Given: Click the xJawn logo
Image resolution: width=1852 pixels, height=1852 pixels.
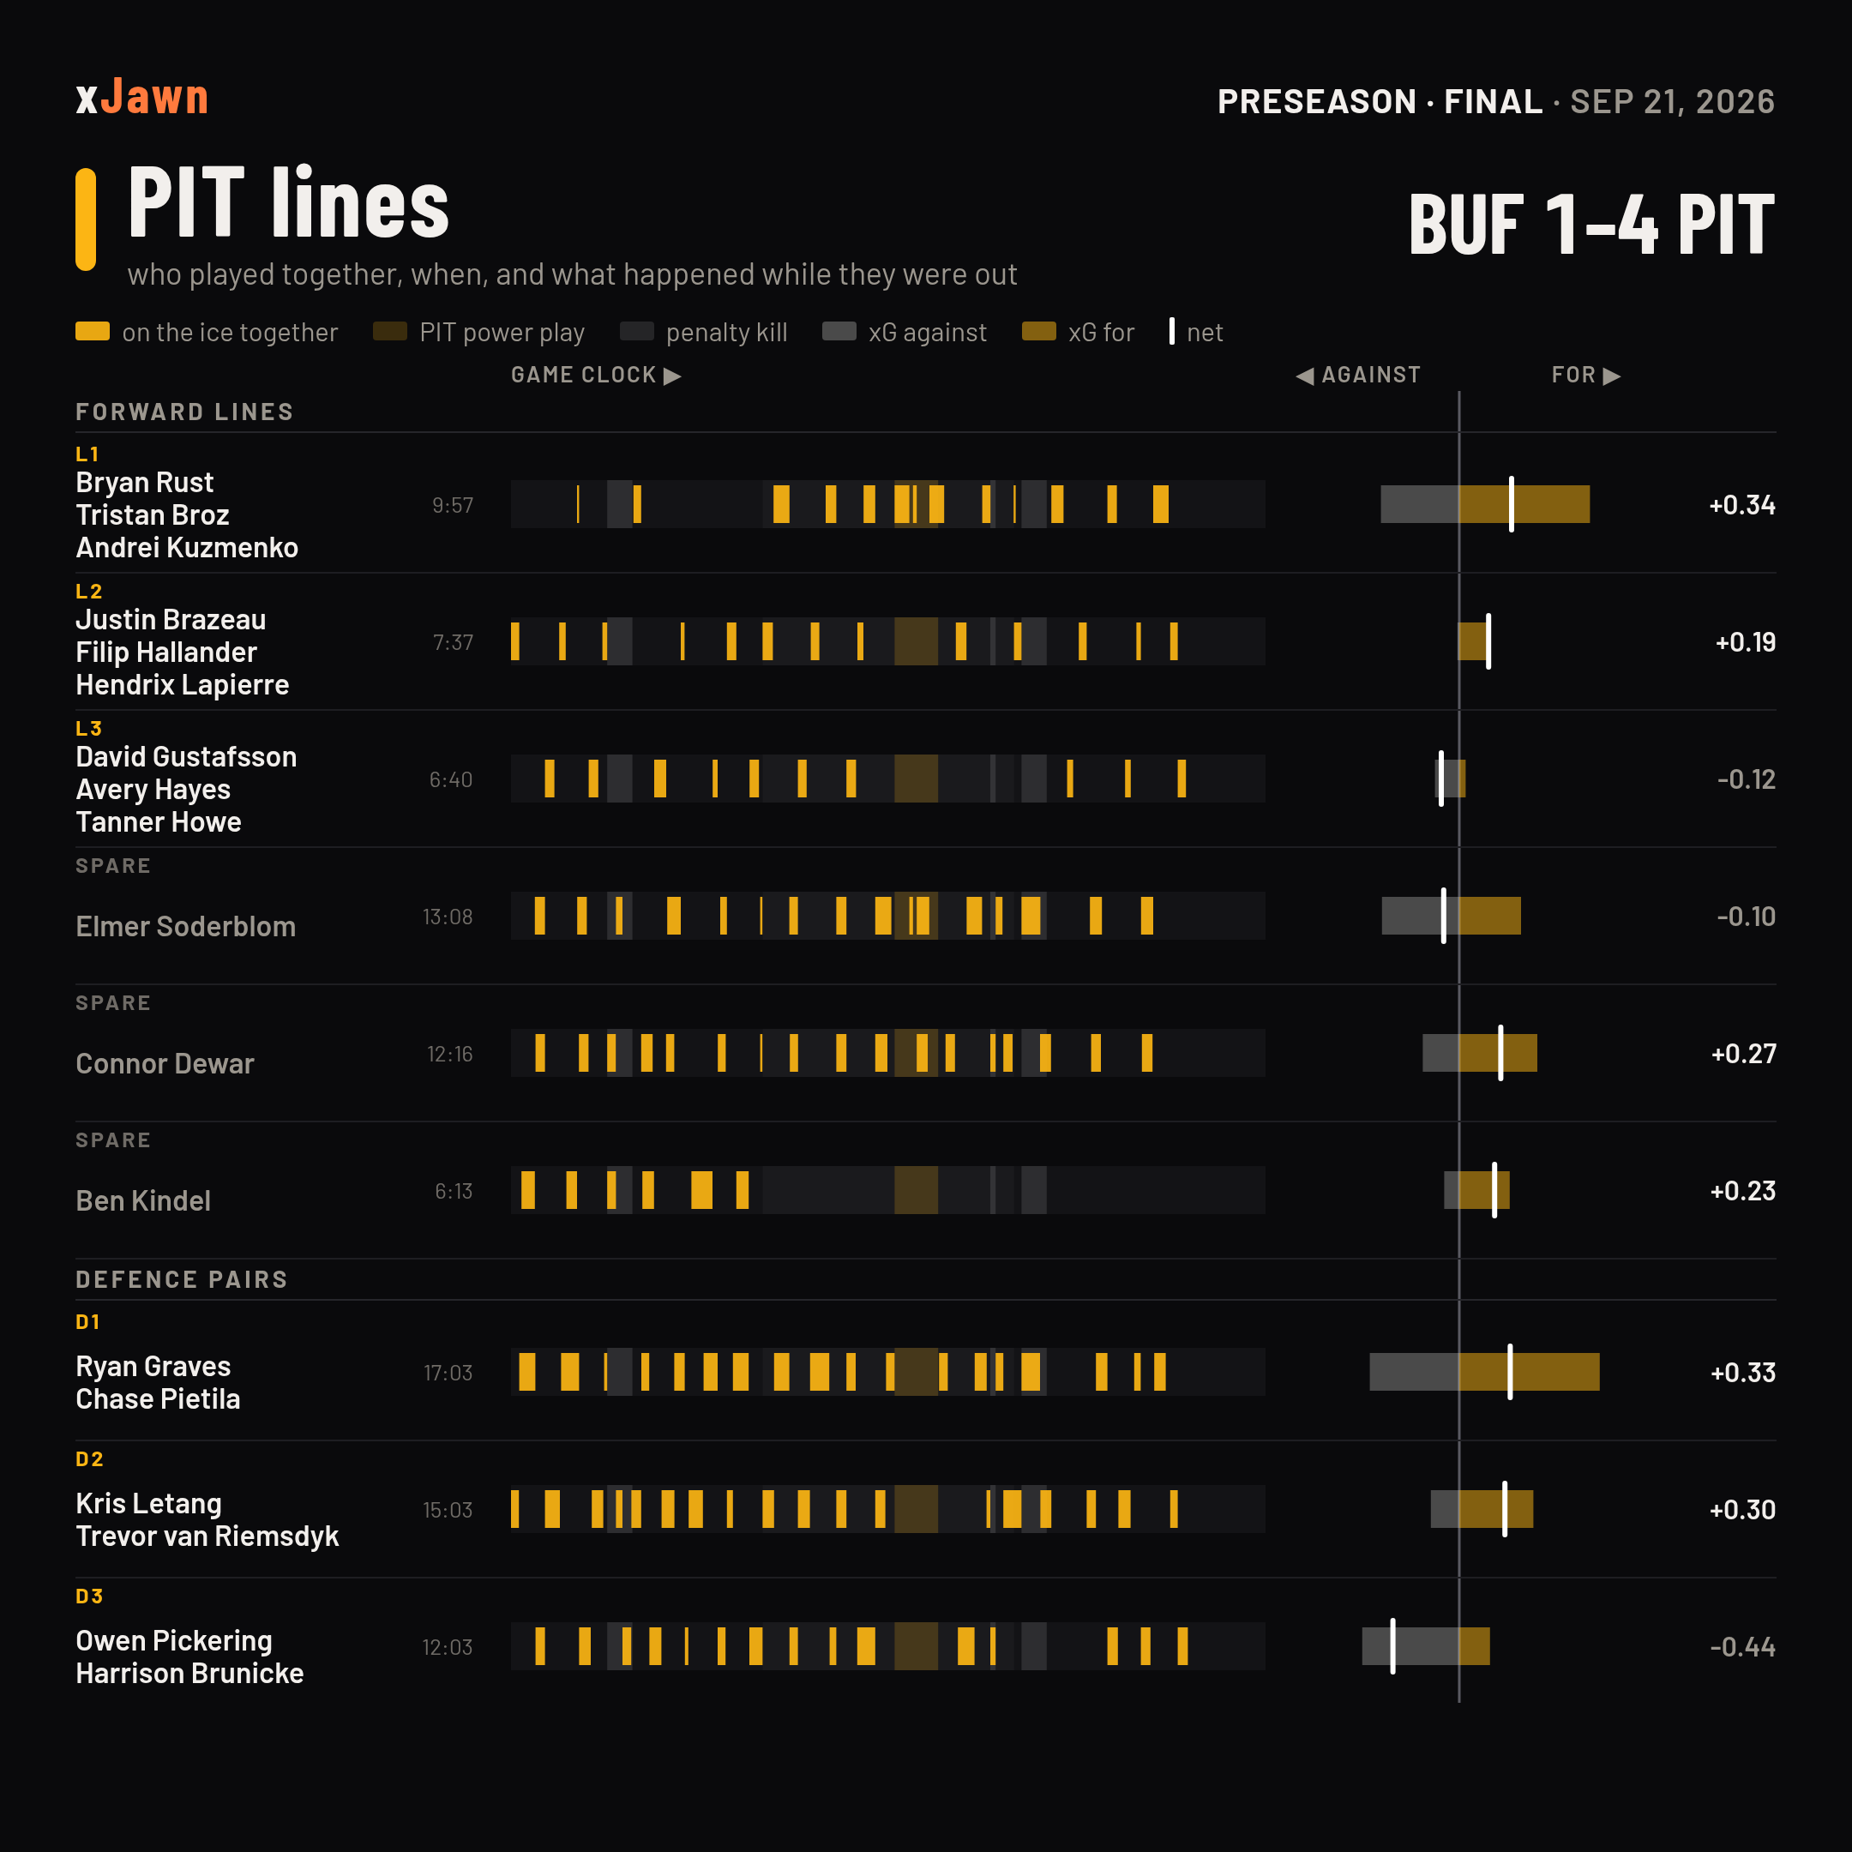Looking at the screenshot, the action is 141,98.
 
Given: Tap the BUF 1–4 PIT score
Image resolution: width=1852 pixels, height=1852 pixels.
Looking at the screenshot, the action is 1591,225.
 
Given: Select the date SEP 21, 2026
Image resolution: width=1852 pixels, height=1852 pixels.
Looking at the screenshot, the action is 1672,102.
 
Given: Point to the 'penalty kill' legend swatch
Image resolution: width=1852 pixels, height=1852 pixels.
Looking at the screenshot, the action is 636,332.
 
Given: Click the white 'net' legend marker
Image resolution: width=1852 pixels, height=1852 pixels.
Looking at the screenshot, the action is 1171,331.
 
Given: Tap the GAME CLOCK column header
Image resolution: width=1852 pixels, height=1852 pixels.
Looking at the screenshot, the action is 595,375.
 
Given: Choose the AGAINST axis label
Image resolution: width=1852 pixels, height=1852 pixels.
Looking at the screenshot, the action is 1358,375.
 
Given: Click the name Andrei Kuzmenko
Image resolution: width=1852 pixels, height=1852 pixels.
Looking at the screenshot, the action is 187,547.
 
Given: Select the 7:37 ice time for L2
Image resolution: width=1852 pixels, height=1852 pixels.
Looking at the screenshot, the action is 453,642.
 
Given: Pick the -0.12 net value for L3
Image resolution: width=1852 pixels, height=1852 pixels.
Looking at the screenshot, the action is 1746,779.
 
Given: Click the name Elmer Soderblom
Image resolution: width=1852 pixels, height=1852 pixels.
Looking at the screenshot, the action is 186,926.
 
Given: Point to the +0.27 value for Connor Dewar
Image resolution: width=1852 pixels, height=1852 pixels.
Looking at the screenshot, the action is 1743,1054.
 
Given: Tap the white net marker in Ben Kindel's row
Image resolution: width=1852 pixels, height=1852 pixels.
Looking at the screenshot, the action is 1494,1191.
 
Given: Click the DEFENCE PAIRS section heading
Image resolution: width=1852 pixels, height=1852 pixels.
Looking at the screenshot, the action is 182,1280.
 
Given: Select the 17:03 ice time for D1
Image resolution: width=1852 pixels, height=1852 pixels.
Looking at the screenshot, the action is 448,1373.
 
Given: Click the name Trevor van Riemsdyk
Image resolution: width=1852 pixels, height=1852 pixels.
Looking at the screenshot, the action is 207,1536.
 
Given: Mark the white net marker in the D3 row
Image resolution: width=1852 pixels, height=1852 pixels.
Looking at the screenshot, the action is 1392,1647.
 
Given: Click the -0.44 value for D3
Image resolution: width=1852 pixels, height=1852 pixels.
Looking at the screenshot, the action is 1743,1647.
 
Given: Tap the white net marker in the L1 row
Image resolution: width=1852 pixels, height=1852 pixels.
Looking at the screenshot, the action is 1511,504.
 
